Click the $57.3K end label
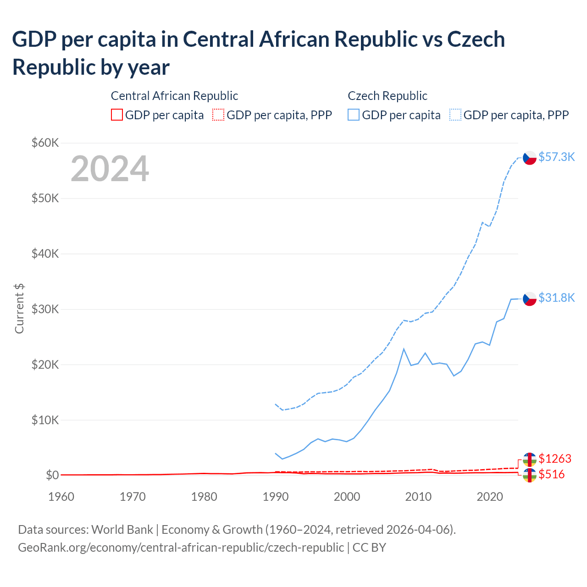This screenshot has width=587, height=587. point(556,157)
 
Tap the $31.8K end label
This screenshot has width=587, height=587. point(556,298)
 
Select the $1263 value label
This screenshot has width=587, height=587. point(555,459)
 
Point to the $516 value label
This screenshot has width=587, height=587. point(551,474)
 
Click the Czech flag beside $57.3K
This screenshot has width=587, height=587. point(530,158)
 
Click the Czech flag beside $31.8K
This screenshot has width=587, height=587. point(530,299)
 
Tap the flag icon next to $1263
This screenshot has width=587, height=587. point(530,460)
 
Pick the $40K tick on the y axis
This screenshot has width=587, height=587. point(45,254)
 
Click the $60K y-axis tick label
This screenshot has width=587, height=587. point(45,143)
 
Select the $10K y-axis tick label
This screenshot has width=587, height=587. point(45,420)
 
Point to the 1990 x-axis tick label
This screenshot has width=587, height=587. point(275,497)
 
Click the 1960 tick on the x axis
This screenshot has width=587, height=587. point(61,497)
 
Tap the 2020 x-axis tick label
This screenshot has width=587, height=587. point(490,497)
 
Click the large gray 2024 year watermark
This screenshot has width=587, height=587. point(110,169)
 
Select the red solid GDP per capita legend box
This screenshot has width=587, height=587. point(117,115)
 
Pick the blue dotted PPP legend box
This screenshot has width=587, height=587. point(455,115)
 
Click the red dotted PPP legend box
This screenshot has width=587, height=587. point(218,115)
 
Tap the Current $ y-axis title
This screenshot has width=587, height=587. point(19,308)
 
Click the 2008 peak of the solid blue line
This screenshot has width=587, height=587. point(404,349)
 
